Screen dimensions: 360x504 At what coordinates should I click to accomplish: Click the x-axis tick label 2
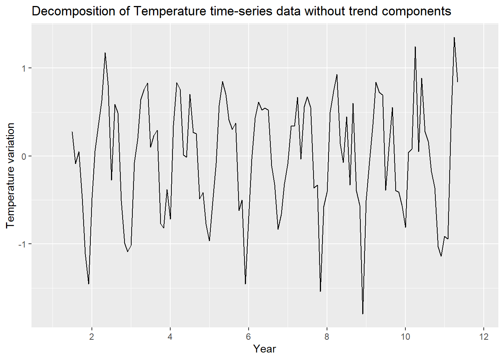tap(91, 337)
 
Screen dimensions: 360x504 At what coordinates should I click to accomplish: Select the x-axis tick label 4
tap(170, 337)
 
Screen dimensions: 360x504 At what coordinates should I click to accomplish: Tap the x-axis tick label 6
tap(248, 337)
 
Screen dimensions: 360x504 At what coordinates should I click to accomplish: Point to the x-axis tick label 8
tap(327, 337)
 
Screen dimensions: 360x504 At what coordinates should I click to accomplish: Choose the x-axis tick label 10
tap(405, 337)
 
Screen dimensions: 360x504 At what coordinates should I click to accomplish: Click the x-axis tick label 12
tap(484, 337)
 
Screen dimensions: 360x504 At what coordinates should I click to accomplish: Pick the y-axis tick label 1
tap(24, 68)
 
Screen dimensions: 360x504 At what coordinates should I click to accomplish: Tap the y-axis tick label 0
tap(24, 156)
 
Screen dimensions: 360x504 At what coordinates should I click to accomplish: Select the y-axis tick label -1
tap(22, 244)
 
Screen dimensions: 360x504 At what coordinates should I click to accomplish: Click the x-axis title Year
tap(264, 349)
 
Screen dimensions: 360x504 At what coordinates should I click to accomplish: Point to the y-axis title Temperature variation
tap(10, 175)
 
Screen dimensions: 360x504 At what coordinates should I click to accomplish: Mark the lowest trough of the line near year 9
tap(363, 314)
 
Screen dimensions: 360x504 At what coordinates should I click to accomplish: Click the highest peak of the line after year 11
tap(454, 37)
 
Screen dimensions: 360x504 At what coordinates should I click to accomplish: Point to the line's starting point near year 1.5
tap(72, 132)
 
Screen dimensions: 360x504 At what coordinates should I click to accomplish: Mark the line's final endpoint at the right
tap(457, 82)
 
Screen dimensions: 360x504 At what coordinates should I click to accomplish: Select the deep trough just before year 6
tap(245, 284)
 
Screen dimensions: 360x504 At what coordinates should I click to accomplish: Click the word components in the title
tap(417, 11)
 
